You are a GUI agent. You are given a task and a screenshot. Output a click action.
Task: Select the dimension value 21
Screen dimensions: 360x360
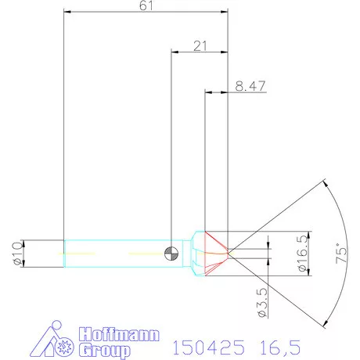[200, 46]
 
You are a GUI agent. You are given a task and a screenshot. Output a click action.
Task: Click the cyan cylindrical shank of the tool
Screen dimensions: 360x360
[117, 253]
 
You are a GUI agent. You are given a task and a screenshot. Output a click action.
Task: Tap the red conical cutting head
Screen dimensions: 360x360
[216, 252]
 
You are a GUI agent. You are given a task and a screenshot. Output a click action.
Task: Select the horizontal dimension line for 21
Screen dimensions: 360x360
[200, 52]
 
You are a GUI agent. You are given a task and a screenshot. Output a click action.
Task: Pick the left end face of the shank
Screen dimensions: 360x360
[63, 253]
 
